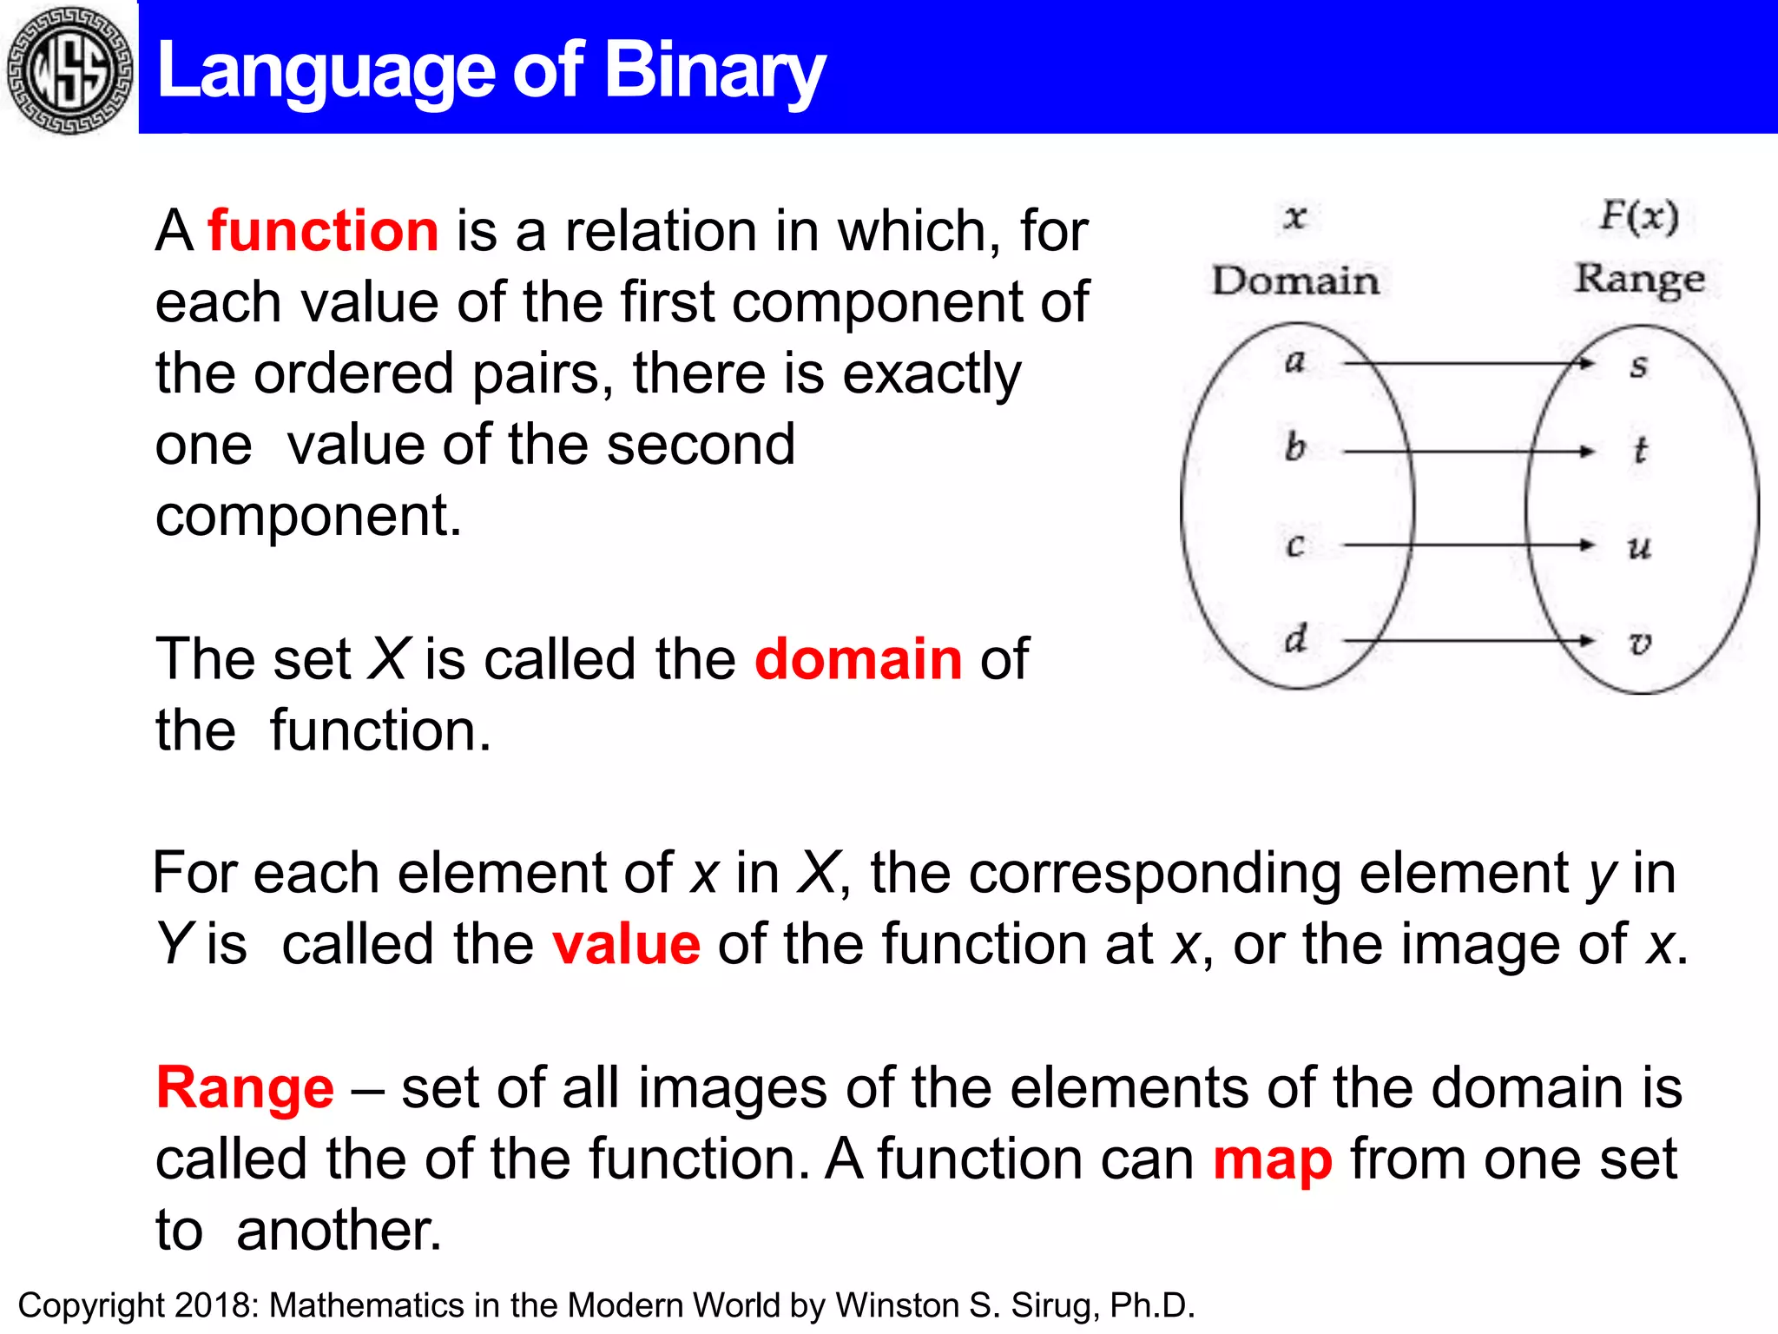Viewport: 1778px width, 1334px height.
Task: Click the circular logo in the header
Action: pos(69,69)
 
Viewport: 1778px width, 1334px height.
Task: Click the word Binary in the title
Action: pos(714,71)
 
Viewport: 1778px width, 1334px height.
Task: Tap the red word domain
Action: pos(858,658)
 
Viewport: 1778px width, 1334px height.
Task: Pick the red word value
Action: pos(626,944)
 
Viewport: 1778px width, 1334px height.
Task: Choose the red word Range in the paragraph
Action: pos(245,1087)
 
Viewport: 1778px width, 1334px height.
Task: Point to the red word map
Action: pos(1272,1159)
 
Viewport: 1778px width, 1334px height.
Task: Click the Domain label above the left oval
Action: pos(1295,281)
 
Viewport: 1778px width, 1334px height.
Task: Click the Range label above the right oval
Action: pos(1639,280)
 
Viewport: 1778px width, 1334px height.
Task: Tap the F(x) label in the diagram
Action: pos(1639,215)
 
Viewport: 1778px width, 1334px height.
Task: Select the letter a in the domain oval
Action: pos(1294,360)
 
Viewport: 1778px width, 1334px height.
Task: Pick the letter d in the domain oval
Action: pos(1295,639)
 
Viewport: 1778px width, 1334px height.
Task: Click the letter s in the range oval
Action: pos(1638,366)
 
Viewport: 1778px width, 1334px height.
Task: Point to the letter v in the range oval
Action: pos(1639,643)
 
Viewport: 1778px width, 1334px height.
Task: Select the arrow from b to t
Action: pos(1467,452)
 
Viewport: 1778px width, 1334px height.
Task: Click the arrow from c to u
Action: pos(1467,545)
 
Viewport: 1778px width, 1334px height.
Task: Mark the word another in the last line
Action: pos(339,1231)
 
